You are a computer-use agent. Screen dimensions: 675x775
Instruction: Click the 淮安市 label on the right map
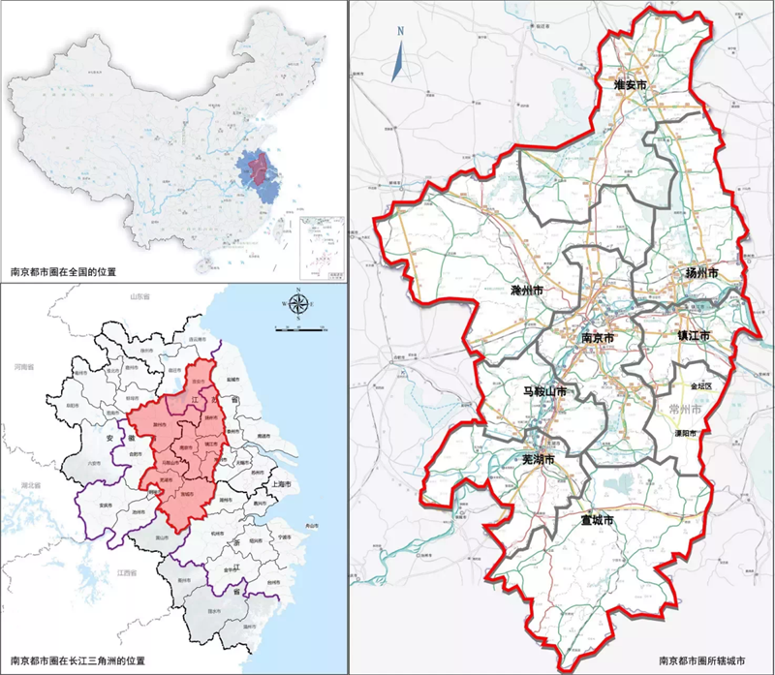pos(631,86)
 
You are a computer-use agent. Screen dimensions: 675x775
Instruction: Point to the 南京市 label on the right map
pos(598,338)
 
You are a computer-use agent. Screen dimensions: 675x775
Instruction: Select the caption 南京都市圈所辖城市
pos(702,662)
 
